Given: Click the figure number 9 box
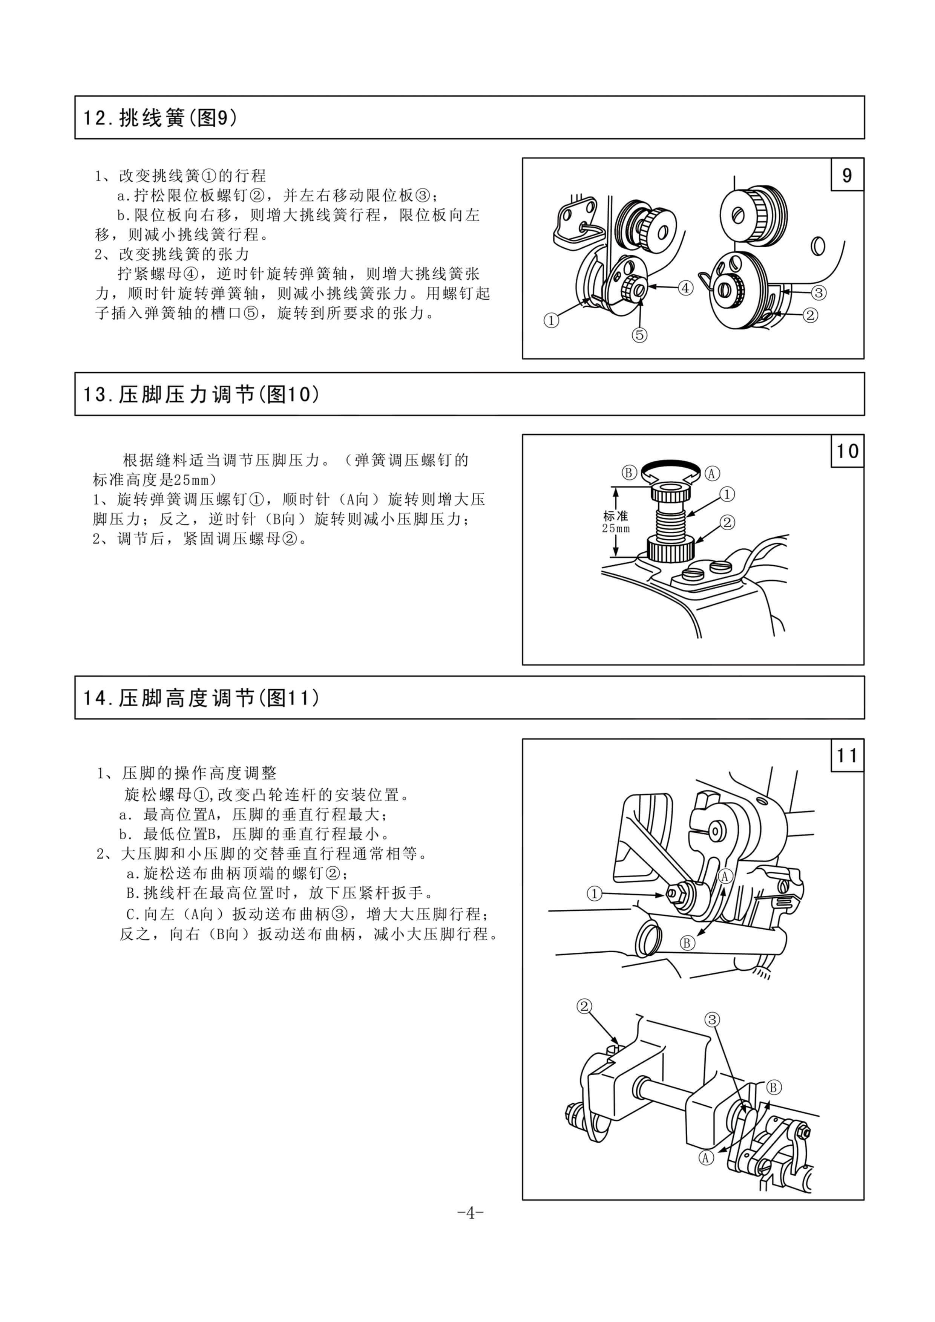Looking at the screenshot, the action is coord(847,174).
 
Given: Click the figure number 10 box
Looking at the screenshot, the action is coord(847,451).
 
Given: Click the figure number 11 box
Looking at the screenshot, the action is coord(847,755).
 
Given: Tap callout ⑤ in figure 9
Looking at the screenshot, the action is coord(639,335).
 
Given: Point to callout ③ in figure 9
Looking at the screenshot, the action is coord(819,292).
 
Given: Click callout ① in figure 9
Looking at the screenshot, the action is coord(551,320).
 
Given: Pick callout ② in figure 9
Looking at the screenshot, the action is coord(810,315).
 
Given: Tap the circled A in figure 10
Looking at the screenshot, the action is coord(712,473).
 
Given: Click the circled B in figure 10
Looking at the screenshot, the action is coord(629,473).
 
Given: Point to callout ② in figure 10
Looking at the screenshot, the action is coord(728,522).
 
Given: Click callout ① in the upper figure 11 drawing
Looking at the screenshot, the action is coord(594,894).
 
